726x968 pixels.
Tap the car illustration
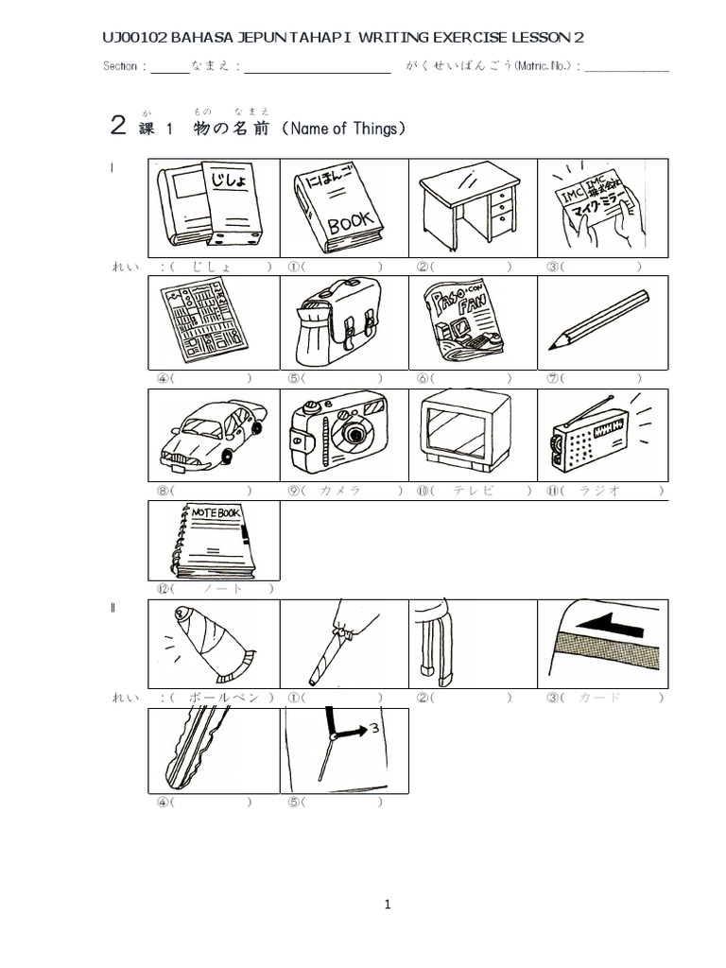[214, 432]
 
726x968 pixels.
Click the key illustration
[197, 749]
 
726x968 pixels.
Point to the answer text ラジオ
[601, 491]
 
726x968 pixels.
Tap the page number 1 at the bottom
[388, 905]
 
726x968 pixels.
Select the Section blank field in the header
[170, 67]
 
